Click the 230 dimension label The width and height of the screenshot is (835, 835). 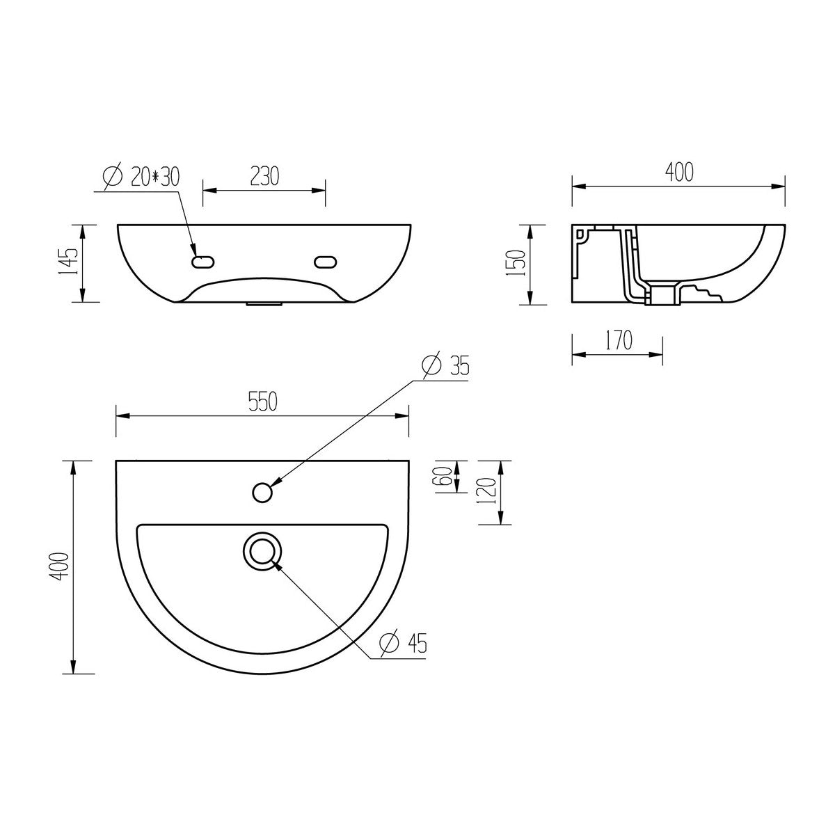pos(264,176)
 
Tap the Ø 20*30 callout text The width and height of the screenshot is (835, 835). pos(141,176)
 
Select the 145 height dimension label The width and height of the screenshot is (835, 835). pos(68,262)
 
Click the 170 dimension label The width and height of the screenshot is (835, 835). pos(619,340)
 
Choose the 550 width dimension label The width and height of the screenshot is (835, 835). pos(262,401)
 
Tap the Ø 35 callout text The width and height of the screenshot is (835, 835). pos(445,365)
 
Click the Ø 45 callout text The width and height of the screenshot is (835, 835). pos(403,643)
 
